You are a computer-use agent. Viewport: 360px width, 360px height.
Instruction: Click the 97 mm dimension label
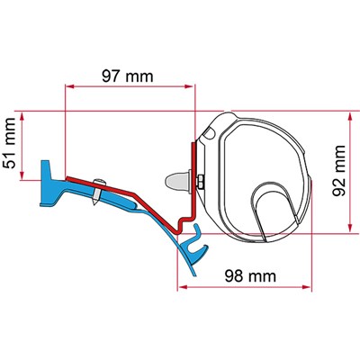(x=128, y=76)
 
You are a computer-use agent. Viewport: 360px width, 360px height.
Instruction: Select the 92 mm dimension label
(x=338, y=170)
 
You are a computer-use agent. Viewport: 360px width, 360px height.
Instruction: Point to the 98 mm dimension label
(x=250, y=275)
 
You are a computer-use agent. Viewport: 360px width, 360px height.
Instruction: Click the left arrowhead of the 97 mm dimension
(x=69, y=86)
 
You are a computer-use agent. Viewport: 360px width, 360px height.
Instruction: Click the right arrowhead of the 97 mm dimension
(x=189, y=86)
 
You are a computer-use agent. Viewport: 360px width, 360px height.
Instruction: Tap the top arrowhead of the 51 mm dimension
(x=22, y=116)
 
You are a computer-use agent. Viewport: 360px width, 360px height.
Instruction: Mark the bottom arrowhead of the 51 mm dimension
(x=22, y=175)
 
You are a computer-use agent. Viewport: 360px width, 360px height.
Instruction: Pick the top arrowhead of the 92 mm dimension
(x=350, y=116)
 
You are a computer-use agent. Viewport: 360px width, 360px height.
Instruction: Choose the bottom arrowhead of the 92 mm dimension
(x=350, y=228)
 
